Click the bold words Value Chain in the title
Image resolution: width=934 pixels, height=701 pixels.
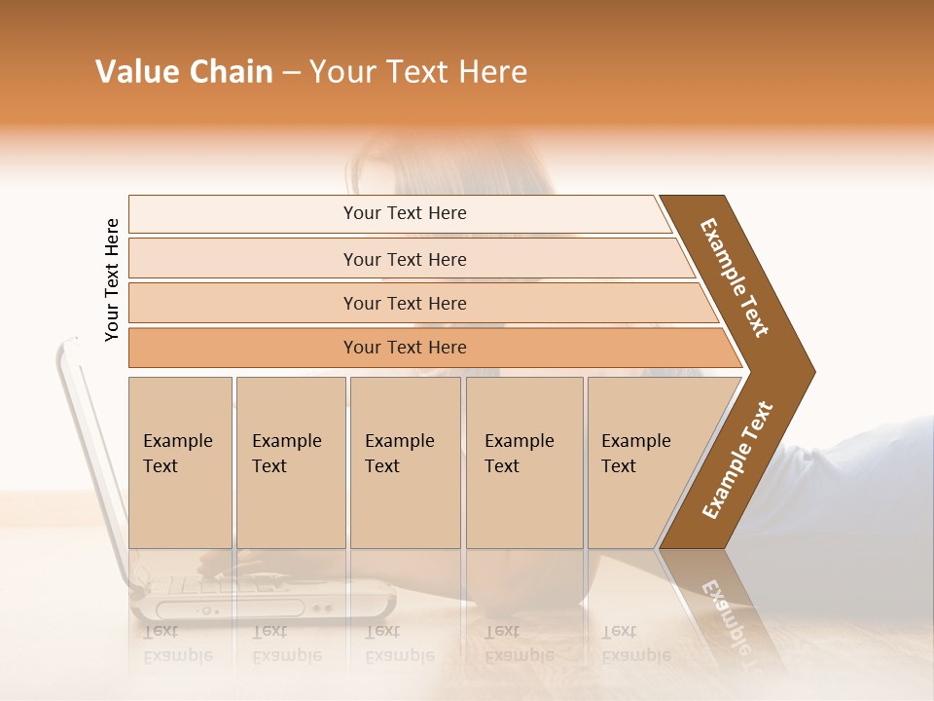click(184, 72)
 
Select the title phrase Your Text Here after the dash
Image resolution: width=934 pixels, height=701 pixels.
click(418, 72)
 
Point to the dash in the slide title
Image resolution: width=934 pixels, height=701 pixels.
click(291, 73)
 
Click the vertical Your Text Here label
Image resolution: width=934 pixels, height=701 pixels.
click(112, 279)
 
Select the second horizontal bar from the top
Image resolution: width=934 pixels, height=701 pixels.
click(404, 259)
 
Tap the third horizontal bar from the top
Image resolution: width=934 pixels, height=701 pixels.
click(404, 303)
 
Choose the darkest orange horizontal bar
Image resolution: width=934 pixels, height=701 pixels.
click(404, 348)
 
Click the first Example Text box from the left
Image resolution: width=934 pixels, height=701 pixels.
click(180, 462)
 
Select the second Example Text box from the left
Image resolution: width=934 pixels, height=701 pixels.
click(291, 462)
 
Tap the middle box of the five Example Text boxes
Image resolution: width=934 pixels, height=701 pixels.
click(405, 462)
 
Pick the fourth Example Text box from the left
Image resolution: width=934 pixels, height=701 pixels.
click(524, 462)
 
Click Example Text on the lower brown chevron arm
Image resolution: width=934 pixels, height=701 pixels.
click(737, 461)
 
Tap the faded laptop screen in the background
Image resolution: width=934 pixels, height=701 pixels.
click(92, 458)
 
